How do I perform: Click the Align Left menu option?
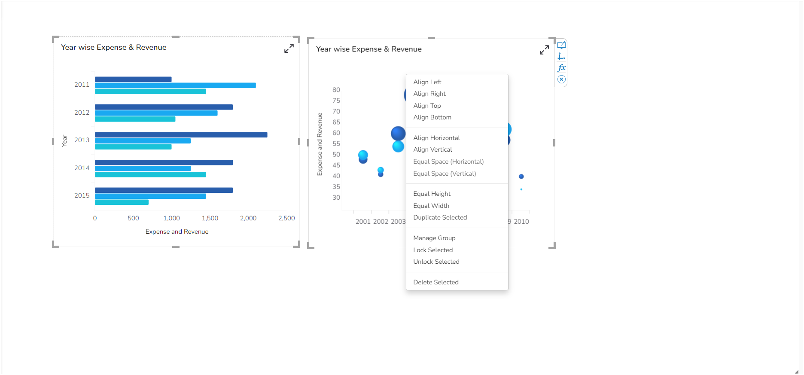tap(427, 82)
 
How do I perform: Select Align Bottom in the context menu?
tap(432, 117)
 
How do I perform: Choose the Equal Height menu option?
tap(432, 194)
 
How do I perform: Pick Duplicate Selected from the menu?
tap(440, 217)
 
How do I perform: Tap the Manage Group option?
tap(434, 238)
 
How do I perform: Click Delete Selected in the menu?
tap(435, 282)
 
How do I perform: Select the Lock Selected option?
tap(433, 250)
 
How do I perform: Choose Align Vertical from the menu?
tap(432, 149)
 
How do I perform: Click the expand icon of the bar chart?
tap(289, 49)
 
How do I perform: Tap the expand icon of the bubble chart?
tap(544, 50)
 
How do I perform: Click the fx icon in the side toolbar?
tap(561, 68)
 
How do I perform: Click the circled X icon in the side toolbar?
tap(561, 79)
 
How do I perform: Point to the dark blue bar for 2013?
tap(181, 135)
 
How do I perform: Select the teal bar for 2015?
tap(122, 202)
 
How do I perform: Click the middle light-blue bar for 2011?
tap(175, 85)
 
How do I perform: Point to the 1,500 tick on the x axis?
tap(210, 218)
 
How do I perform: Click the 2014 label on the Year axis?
tap(82, 168)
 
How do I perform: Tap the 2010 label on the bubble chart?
tap(521, 222)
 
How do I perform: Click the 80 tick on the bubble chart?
tap(336, 90)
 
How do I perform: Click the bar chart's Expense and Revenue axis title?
tap(177, 232)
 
